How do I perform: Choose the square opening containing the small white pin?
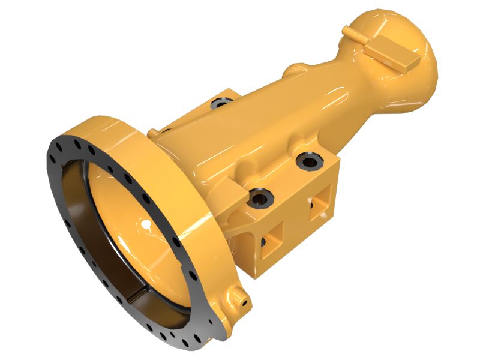(321, 200)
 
